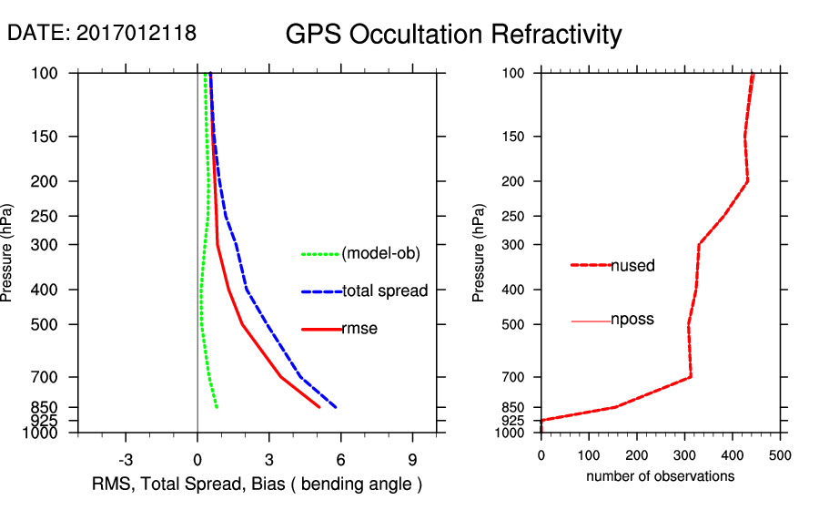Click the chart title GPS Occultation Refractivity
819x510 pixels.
(x=453, y=35)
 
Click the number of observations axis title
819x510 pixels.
(x=660, y=476)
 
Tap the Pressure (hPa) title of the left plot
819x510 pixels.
(x=8, y=253)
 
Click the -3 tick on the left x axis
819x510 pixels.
(x=126, y=458)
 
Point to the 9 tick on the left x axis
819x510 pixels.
(x=413, y=458)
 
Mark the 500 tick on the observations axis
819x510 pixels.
(x=780, y=452)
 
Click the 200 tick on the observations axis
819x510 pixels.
(x=637, y=452)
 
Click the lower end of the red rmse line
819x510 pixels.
(x=319, y=407)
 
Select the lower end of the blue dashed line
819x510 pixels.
(x=337, y=407)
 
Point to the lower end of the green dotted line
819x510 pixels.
(x=217, y=407)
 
